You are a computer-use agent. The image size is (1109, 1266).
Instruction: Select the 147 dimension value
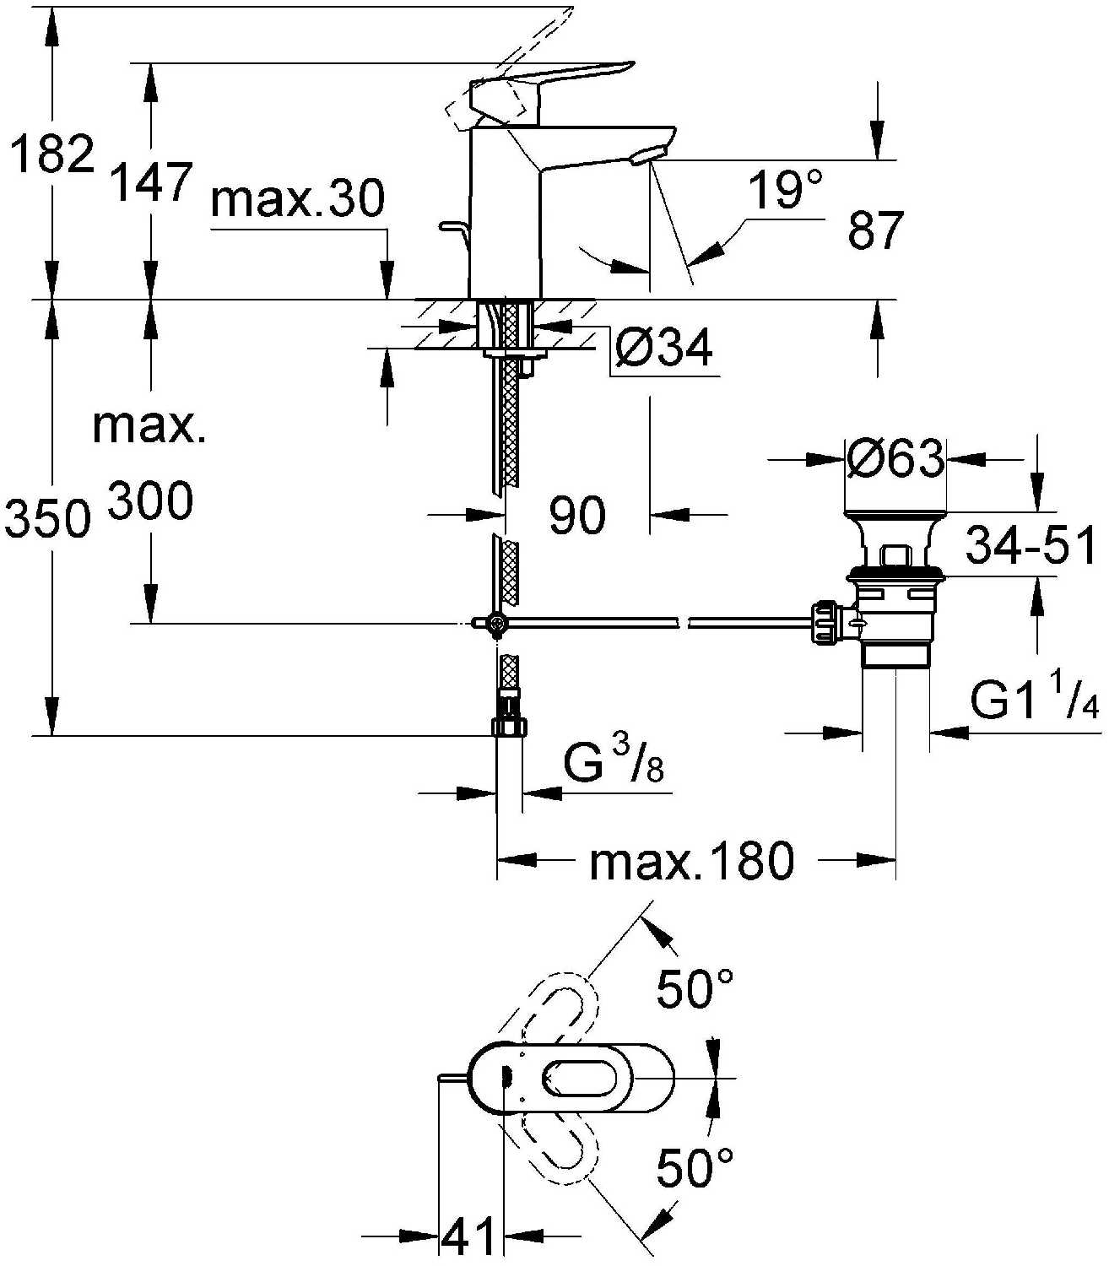pos(152,182)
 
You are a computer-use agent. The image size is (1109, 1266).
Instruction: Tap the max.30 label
pos(298,200)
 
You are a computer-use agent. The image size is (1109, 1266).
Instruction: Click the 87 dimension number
pos(875,230)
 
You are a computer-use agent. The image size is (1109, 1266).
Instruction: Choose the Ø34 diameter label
pos(663,347)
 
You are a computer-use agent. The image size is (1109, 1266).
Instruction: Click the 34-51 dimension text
pos(1031,545)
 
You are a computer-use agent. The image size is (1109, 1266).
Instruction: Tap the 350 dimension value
pos(47,518)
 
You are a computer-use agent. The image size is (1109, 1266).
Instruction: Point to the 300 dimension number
pos(152,501)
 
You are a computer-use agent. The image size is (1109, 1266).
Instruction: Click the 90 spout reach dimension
pos(577,514)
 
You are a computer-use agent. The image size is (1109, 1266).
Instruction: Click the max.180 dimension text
pos(692,861)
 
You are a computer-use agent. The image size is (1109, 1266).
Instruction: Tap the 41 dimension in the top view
pos(471,1238)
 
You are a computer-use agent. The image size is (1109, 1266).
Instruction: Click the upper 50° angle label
pos(695,988)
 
